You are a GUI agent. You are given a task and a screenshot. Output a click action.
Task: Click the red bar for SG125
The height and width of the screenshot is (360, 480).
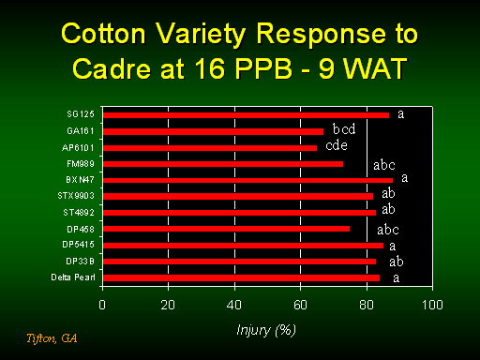pyautogui.click(x=246, y=115)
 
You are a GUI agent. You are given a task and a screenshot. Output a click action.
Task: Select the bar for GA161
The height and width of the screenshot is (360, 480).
pyautogui.click(x=213, y=131)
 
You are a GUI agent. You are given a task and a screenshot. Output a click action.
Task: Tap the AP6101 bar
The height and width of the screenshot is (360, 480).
pyautogui.click(x=210, y=148)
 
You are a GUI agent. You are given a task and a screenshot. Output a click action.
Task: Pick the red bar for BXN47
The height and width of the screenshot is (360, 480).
pyautogui.click(x=247, y=180)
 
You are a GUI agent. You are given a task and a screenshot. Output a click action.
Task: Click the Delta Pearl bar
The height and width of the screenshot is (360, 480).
pyautogui.click(x=241, y=277)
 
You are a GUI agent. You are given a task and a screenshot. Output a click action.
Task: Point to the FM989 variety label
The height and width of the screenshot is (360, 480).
pyautogui.click(x=81, y=164)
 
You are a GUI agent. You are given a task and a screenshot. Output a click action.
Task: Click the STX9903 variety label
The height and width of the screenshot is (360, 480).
pyautogui.click(x=76, y=196)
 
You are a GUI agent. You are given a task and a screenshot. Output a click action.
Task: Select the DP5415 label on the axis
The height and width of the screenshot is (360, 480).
pyautogui.click(x=78, y=244)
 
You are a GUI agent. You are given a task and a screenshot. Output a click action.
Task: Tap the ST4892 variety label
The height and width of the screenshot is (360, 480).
pyautogui.click(x=79, y=213)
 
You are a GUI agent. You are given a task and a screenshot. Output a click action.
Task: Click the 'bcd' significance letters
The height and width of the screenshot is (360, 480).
pyautogui.click(x=344, y=128)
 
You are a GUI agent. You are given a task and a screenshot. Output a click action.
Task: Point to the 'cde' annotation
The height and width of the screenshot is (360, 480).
pyautogui.click(x=337, y=145)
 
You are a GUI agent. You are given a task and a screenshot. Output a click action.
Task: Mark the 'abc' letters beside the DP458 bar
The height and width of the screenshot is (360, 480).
pyautogui.click(x=388, y=230)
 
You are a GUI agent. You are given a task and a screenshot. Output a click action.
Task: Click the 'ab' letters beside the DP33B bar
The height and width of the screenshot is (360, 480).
pyautogui.click(x=397, y=262)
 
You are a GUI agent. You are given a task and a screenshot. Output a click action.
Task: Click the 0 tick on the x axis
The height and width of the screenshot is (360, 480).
pyautogui.click(x=102, y=305)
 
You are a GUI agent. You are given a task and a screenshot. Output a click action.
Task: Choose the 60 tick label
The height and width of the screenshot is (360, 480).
pyautogui.click(x=300, y=305)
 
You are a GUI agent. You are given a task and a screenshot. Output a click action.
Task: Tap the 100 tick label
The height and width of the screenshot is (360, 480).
pyautogui.click(x=432, y=305)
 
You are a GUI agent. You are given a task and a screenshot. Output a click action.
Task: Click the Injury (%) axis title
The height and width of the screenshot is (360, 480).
pyautogui.click(x=266, y=330)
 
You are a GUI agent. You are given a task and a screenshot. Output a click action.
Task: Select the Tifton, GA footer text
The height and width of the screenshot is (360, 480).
pyautogui.click(x=52, y=338)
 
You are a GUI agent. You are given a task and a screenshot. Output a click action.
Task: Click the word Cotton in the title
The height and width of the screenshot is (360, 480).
pyautogui.click(x=103, y=34)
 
